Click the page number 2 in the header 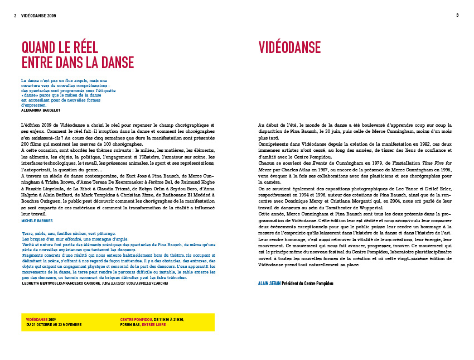[15, 16]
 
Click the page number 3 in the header [457, 15]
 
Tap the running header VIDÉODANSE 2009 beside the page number [38, 16]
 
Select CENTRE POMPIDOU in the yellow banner [136, 319]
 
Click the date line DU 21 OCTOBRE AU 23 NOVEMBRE [54, 324]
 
